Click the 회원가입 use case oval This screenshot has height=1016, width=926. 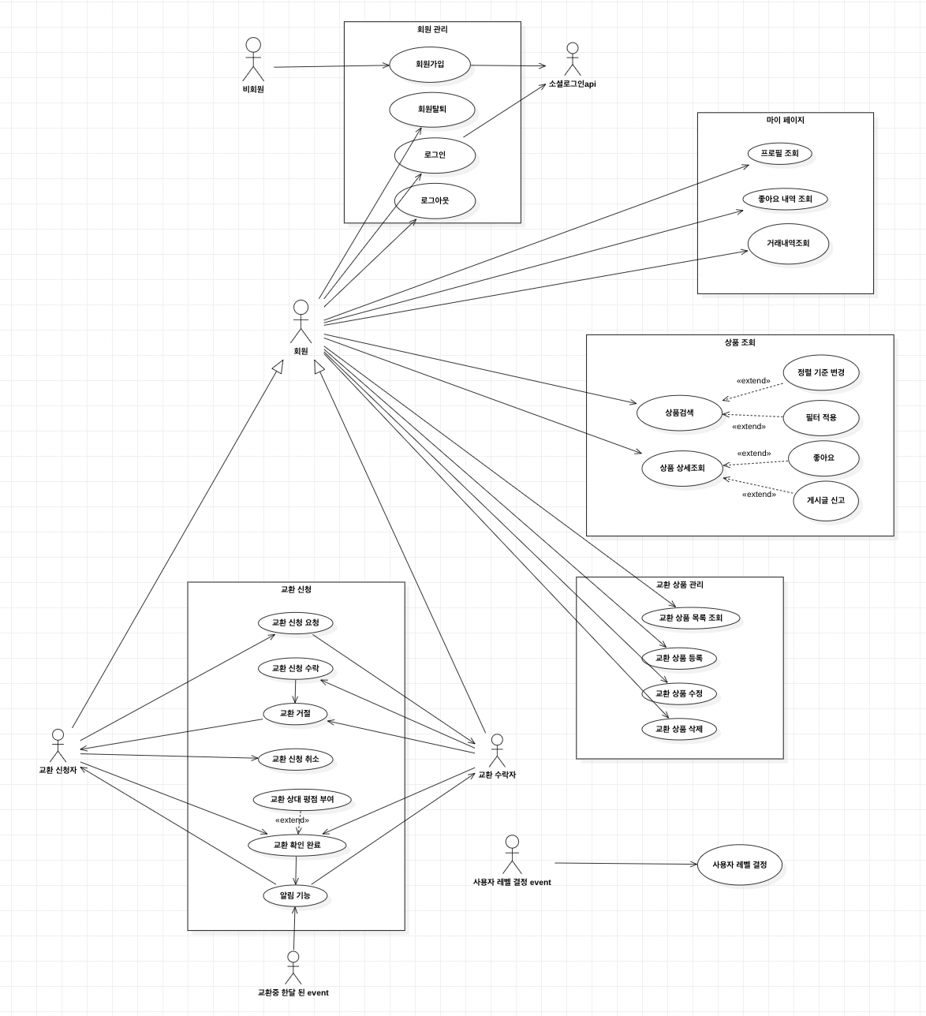tap(430, 65)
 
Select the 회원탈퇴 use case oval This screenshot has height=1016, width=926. tap(431, 110)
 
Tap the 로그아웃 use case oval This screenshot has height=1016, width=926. tap(435, 201)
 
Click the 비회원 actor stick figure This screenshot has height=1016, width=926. tap(253, 58)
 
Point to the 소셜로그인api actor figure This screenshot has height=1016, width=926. tap(573, 60)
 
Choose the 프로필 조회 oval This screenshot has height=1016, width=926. tap(779, 153)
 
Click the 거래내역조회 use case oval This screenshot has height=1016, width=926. tap(788, 244)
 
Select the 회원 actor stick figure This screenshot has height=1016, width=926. tap(301, 320)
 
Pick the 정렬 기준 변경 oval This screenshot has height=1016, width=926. tap(820, 372)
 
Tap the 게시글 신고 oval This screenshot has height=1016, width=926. tap(825, 500)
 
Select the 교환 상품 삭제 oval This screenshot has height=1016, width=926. tap(679, 729)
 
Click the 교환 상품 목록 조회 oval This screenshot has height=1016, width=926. tap(690, 618)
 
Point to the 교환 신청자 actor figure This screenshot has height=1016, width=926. tap(58, 745)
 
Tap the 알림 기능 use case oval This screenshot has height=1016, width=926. tap(295, 895)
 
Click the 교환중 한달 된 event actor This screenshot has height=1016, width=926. tap(293, 968)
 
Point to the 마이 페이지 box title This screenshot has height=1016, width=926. tap(785, 121)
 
